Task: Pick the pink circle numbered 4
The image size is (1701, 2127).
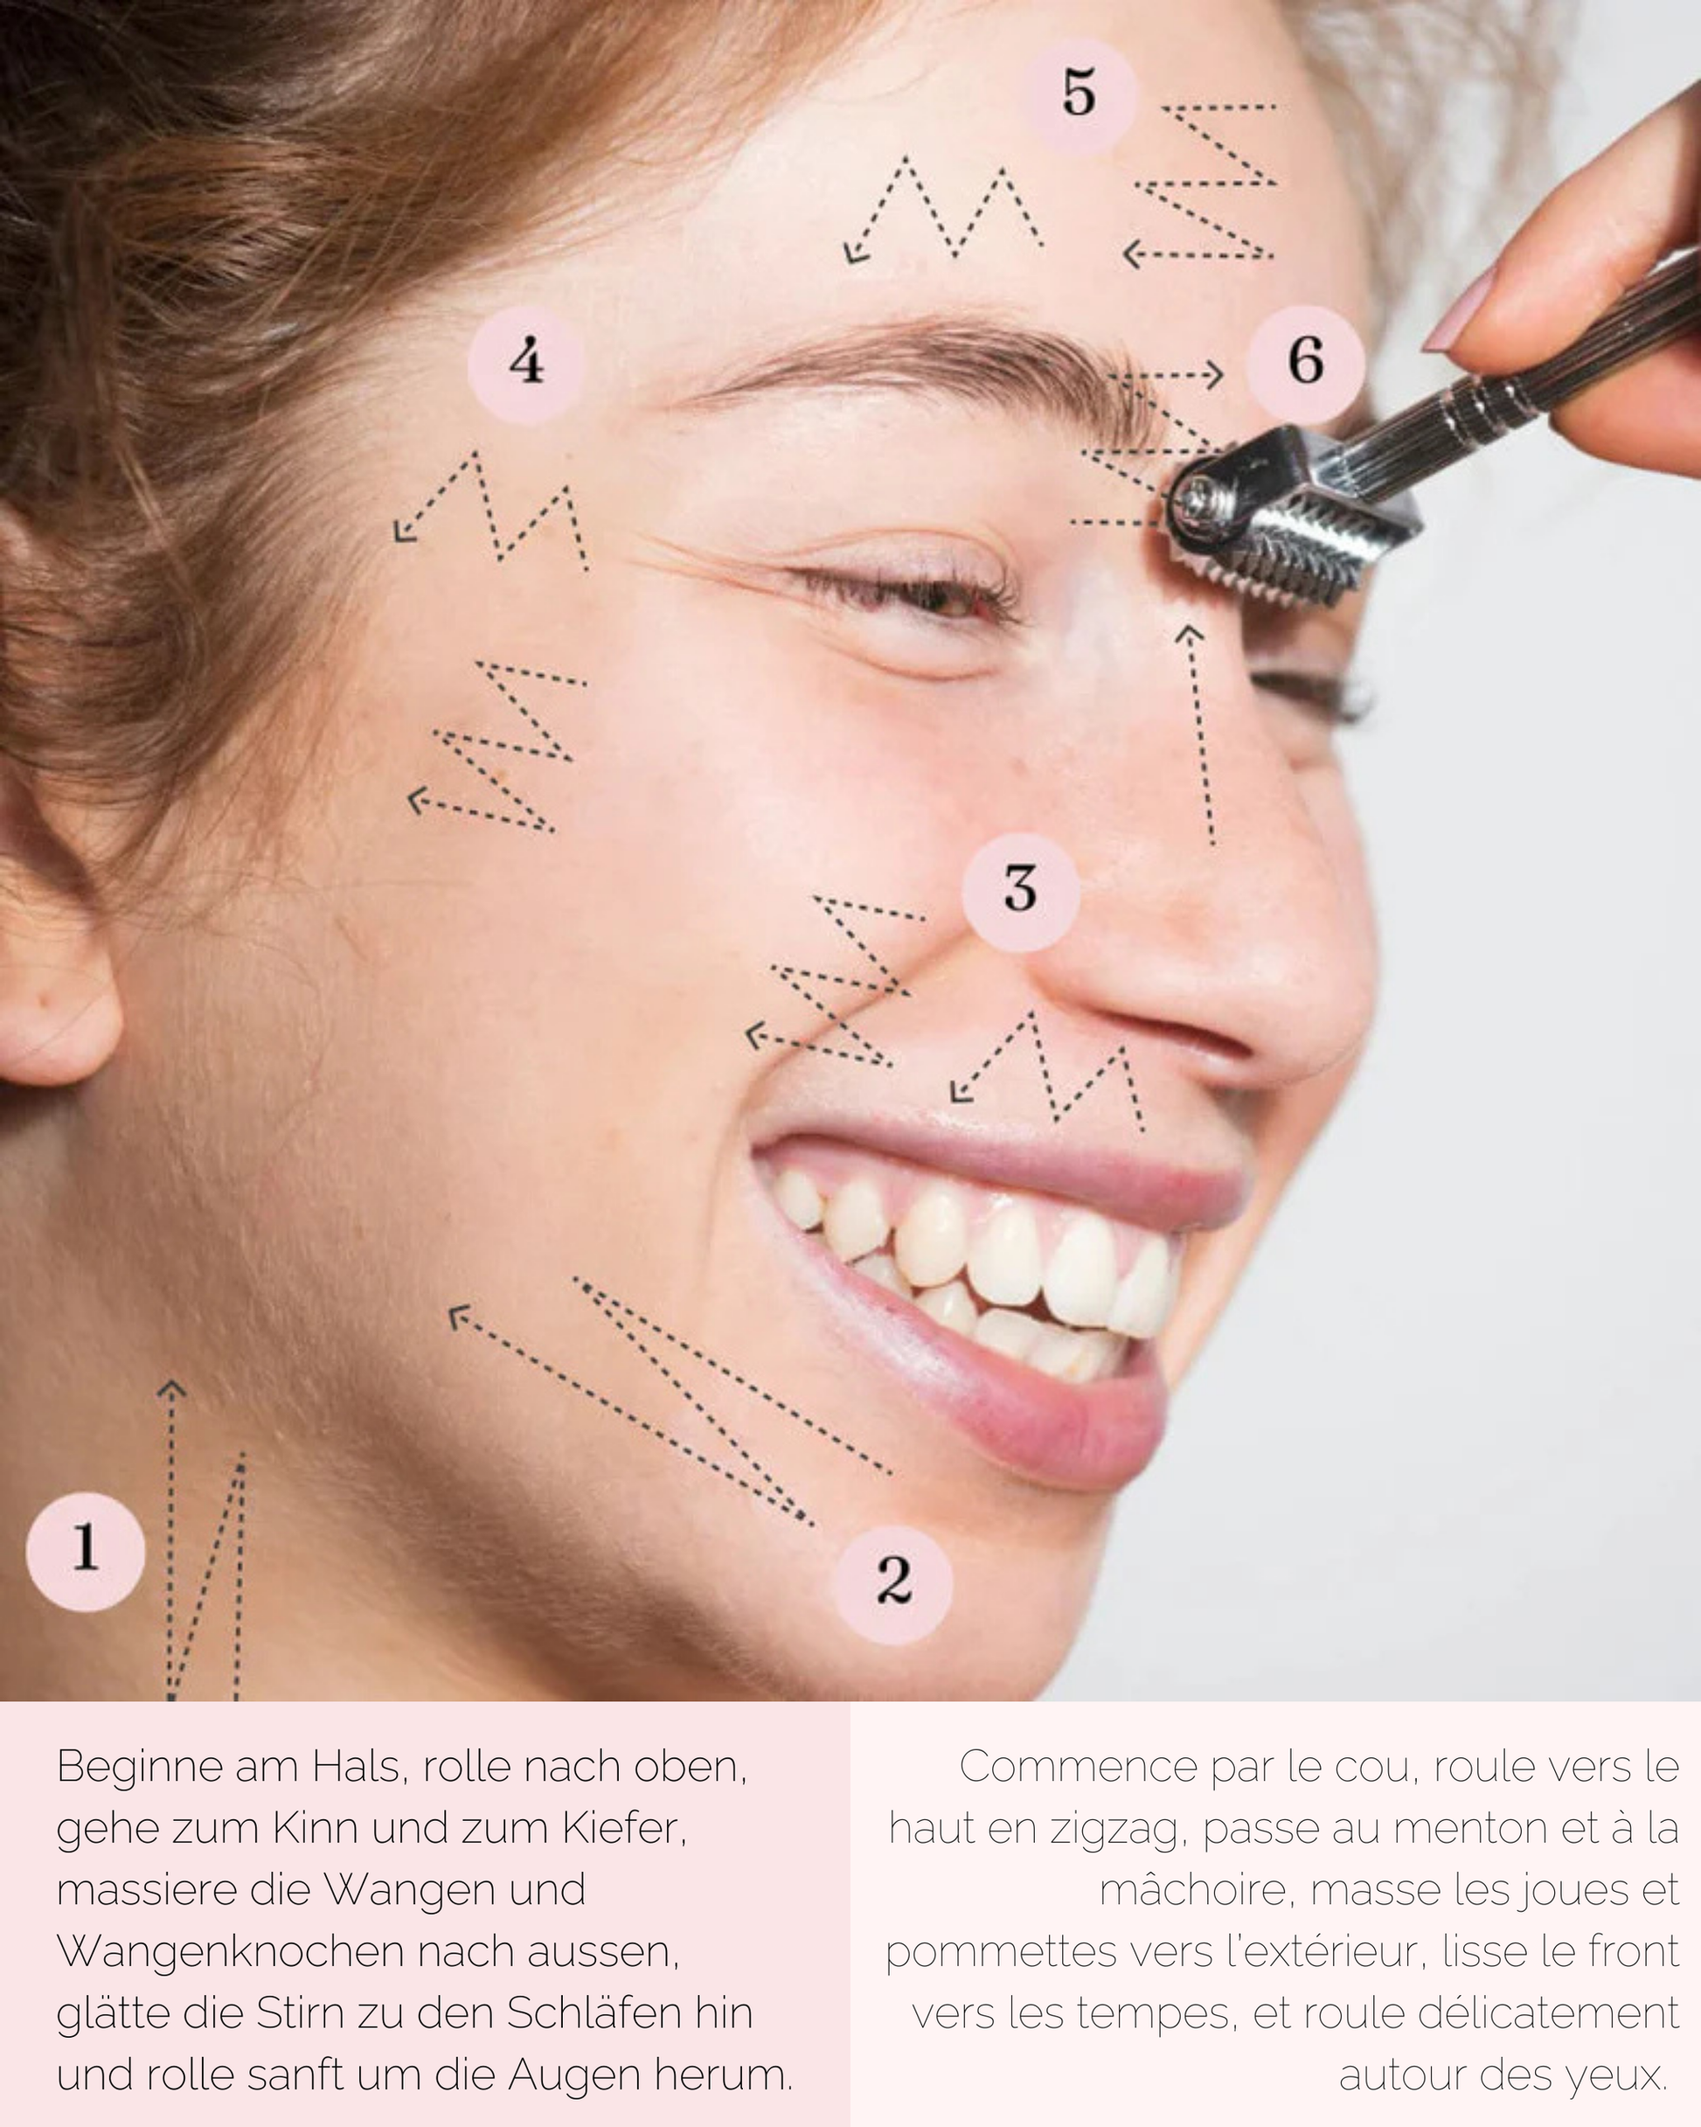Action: (526, 362)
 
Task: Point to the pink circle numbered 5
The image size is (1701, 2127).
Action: (1079, 94)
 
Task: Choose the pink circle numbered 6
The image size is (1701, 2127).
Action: (1304, 361)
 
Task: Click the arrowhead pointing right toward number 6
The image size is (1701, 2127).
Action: (1215, 375)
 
